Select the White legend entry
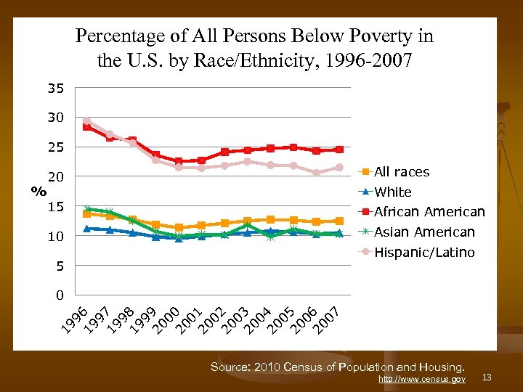coord(392,192)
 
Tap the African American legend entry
coord(429,212)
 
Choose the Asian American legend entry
coord(424,232)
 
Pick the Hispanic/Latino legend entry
coord(424,253)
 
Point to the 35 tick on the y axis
coord(56,89)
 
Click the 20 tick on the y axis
coord(56,177)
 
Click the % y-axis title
coord(38,192)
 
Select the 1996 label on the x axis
coord(75,319)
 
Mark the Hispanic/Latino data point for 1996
coord(87,122)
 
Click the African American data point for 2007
coord(339,150)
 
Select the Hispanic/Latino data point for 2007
coord(339,168)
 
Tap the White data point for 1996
coord(87,229)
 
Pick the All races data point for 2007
coord(339,221)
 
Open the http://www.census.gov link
coord(422,379)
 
